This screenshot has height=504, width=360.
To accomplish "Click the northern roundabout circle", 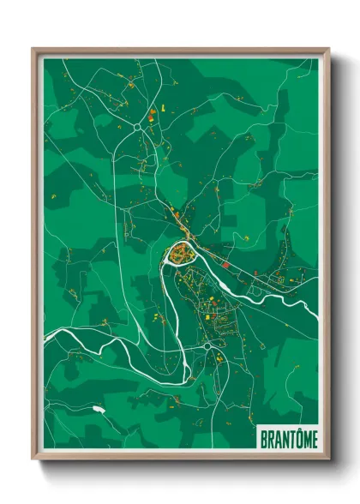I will point(137,129).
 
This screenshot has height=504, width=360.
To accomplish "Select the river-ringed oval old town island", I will point(181,252).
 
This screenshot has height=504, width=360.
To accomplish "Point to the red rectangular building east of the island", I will point(225,265).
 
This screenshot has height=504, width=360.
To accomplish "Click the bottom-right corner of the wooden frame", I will point(328,460).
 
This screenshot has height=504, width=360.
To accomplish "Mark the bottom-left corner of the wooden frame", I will point(33,460).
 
